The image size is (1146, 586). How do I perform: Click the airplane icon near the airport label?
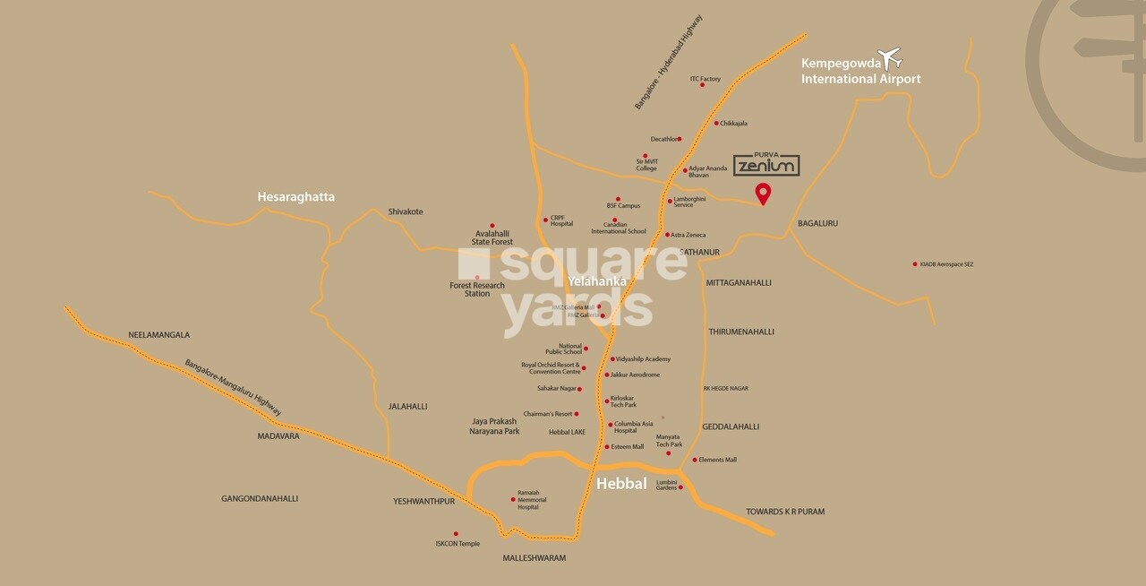pyautogui.click(x=890, y=59)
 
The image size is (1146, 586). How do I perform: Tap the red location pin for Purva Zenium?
pyautogui.click(x=763, y=193)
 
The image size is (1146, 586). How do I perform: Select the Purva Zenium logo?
pyautogui.click(x=766, y=164)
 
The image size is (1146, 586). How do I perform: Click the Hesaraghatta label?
pyautogui.click(x=295, y=196)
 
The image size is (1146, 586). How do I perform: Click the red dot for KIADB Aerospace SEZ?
pyautogui.click(x=914, y=264)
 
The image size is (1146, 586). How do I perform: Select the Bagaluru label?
pyautogui.click(x=817, y=223)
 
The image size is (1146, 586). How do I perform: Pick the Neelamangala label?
pyautogui.click(x=159, y=335)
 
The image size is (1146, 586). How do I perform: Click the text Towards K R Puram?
pyautogui.click(x=785, y=512)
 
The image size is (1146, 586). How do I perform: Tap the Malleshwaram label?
pyautogui.click(x=535, y=558)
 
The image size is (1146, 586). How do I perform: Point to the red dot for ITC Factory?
pyautogui.click(x=689, y=86)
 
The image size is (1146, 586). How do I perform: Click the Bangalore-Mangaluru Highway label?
pyautogui.click(x=234, y=387)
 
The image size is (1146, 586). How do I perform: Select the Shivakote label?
pyautogui.click(x=406, y=212)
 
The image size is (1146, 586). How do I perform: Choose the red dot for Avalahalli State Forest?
pyautogui.click(x=492, y=226)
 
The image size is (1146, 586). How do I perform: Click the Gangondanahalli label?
pyautogui.click(x=260, y=498)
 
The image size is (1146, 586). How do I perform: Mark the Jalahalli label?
pyautogui.click(x=407, y=406)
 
